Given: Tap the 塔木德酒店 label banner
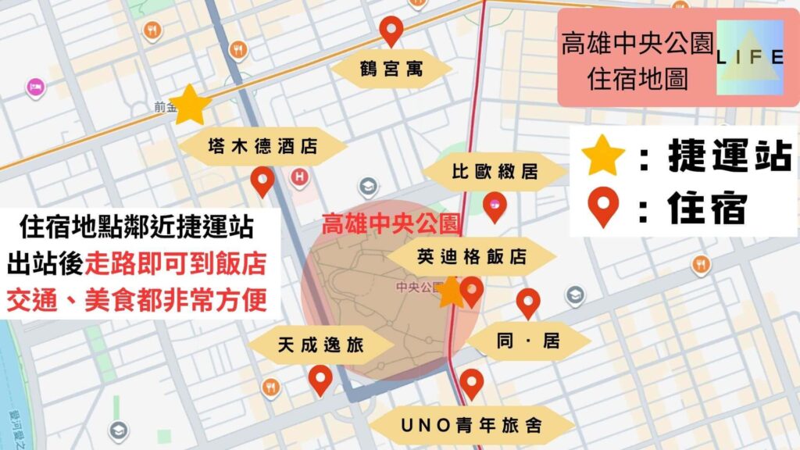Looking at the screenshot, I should pos(263,147).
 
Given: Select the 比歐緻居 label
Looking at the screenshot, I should pos(495,172).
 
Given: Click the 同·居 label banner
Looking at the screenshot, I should pos(529,340).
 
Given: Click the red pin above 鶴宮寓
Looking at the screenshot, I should pos(391,31).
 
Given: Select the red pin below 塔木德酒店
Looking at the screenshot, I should pos(262,181).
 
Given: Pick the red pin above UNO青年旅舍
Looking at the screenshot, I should pos(471,384).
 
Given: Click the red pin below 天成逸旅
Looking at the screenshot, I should pos(320,380).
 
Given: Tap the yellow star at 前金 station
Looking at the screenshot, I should pos(190,105).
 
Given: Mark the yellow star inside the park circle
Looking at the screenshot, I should pos(450,292).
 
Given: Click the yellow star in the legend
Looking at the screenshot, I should pos(604,156).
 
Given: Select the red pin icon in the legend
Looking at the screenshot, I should pos(604,208).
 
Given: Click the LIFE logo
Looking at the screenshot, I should pos(750,55).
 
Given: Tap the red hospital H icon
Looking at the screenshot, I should pos(298,178).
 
